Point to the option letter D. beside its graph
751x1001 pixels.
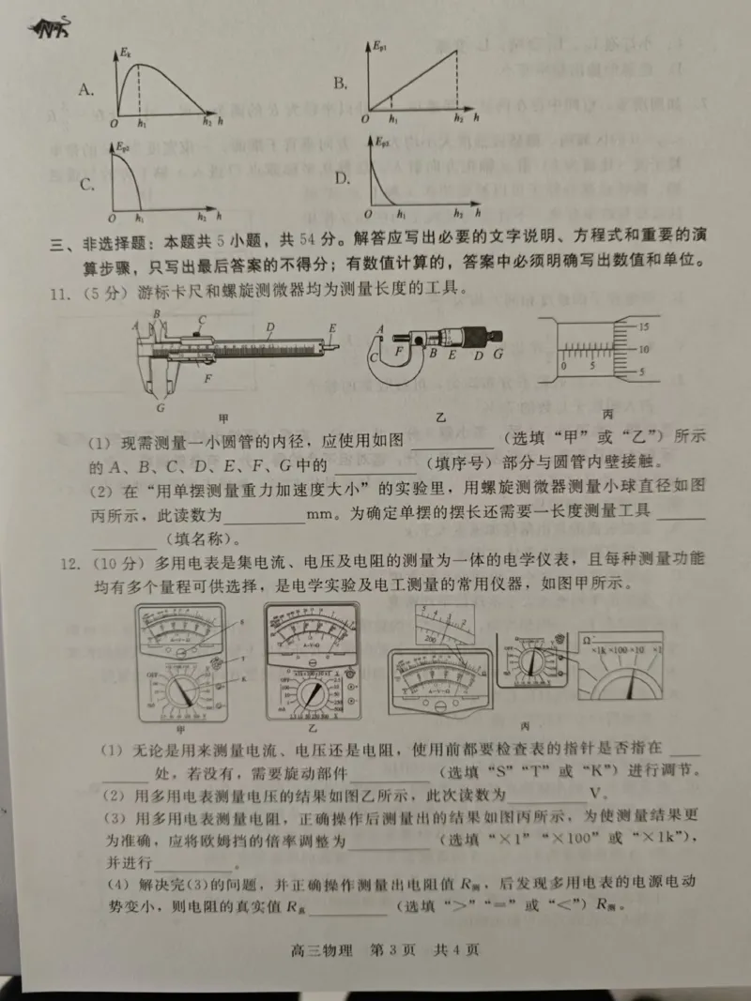[343, 180]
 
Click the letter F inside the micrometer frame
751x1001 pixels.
[398, 353]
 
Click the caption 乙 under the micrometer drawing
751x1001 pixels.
[439, 413]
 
